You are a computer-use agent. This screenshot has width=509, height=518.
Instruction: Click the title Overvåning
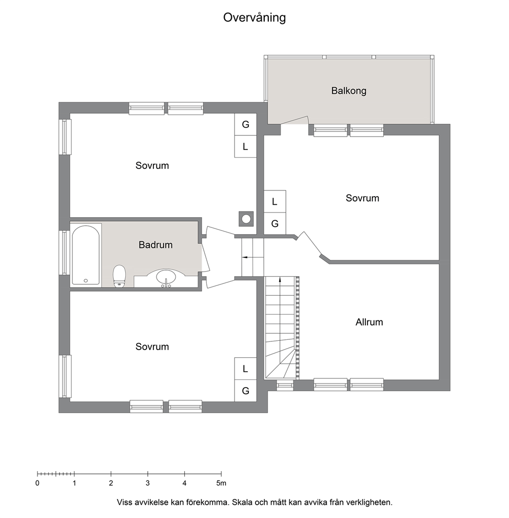tap(254, 18)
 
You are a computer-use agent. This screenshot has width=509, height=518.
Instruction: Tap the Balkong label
tap(348, 90)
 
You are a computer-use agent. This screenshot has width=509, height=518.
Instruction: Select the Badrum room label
tap(155, 245)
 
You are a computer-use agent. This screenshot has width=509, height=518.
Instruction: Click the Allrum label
tap(369, 322)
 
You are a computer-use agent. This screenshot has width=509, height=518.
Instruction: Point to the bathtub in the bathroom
tap(86, 255)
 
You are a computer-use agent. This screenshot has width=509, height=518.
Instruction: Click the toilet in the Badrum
tap(119, 276)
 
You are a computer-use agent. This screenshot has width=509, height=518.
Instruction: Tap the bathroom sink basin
tap(166, 277)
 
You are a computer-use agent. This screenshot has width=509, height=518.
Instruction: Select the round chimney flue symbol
tap(246, 219)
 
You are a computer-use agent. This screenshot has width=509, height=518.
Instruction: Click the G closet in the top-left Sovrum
tap(245, 124)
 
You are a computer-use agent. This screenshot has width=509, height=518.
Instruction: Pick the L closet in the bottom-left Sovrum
tap(245, 369)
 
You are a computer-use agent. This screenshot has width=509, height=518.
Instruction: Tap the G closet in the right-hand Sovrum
tap(275, 224)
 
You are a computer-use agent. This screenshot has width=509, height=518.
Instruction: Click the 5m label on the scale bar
tap(221, 483)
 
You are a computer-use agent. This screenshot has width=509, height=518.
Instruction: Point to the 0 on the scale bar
tap(37, 483)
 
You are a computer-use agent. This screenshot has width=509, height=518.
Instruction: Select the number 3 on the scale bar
tap(148, 483)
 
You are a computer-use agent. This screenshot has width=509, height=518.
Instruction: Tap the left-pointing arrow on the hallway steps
tap(247, 257)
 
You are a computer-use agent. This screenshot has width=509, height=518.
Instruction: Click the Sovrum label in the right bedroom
tap(362, 198)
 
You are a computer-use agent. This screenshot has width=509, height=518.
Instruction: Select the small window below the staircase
tap(285, 385)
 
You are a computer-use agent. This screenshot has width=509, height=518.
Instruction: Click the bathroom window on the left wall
tap(65, 253)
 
